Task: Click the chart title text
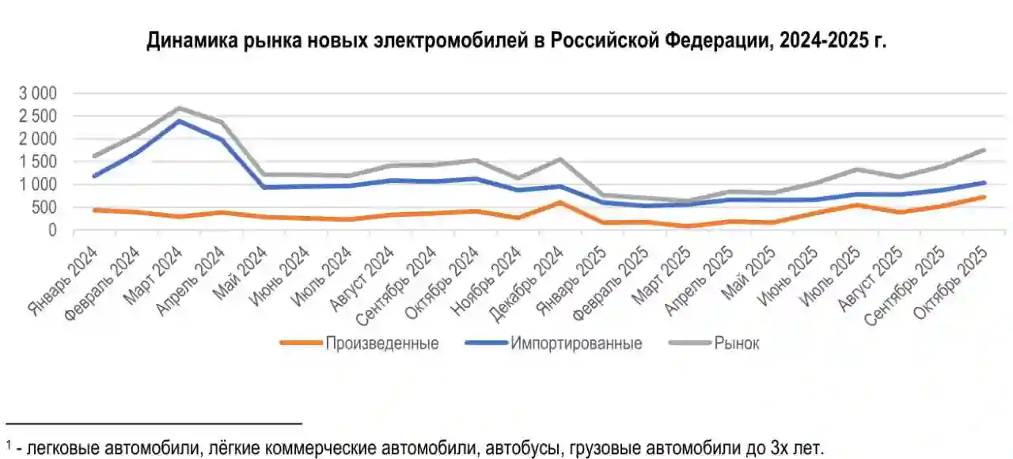point(516,41)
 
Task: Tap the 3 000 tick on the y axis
point(38,93)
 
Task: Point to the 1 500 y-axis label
point(38,161)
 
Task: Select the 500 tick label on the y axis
point(45,207)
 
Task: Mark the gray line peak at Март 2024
point(180,108)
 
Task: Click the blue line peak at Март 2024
point(180,121)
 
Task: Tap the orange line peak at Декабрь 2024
point(560,203)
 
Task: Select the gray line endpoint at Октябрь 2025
point(984,150)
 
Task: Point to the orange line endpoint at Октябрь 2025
point(984,197)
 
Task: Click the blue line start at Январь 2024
point(94,176)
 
